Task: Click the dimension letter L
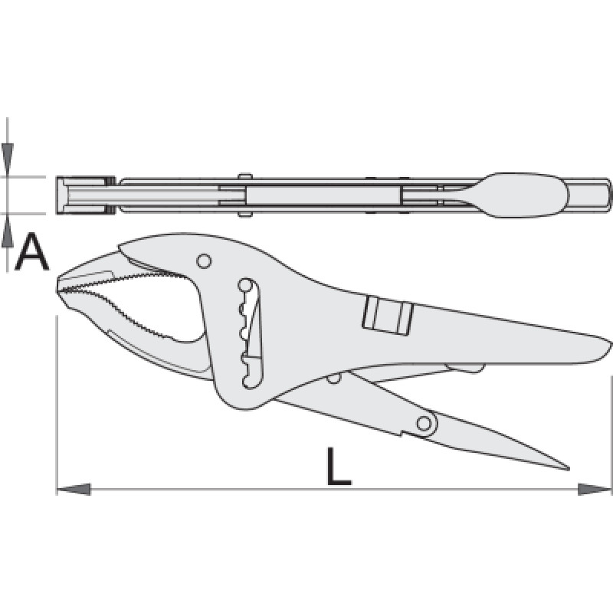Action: tap(339, 467)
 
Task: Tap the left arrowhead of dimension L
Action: tap(74, 489)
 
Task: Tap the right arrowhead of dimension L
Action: tap(595, 489)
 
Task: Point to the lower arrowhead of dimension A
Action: tap(7, 234)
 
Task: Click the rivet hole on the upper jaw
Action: tap(204, 261)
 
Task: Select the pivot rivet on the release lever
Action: tap(425, 423)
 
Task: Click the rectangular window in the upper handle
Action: tap(388, 314)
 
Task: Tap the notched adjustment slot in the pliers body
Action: tap(251, 333)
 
